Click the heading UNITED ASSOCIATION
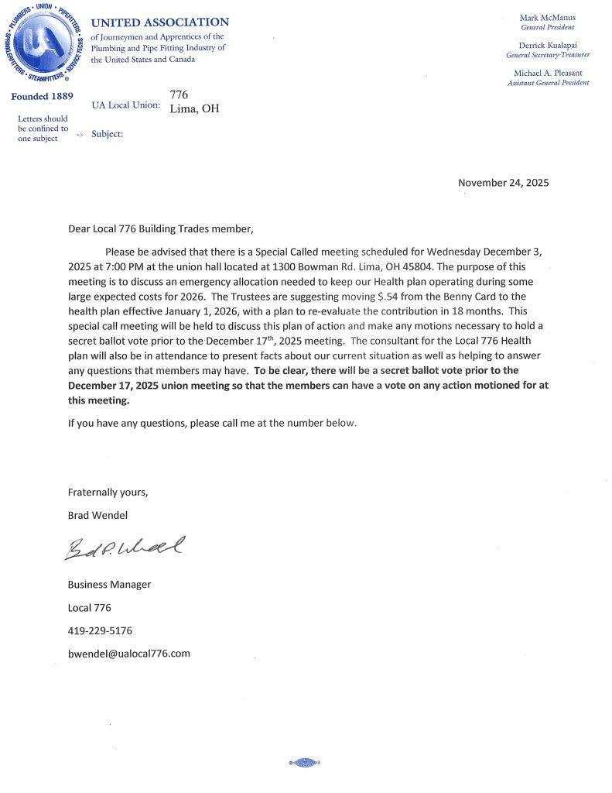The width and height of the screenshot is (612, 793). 159,22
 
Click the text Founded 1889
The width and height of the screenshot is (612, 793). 42,97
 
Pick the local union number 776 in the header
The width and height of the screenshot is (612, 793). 179,94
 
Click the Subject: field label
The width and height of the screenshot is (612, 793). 107,133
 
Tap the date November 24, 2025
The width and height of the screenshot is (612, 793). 503,183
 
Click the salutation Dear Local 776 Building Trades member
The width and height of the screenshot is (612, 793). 160,228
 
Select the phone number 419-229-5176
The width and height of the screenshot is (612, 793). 100,630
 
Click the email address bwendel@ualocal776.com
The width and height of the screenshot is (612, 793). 128,653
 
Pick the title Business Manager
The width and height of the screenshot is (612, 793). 109,584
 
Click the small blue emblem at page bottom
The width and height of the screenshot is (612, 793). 303,762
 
